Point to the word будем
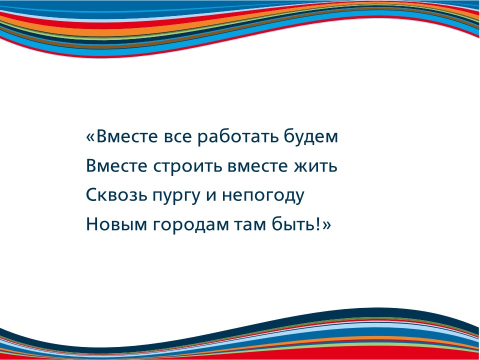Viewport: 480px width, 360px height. point(311,137)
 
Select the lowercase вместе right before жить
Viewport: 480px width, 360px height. point(258,167)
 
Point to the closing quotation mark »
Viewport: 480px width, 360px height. point(326,225)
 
